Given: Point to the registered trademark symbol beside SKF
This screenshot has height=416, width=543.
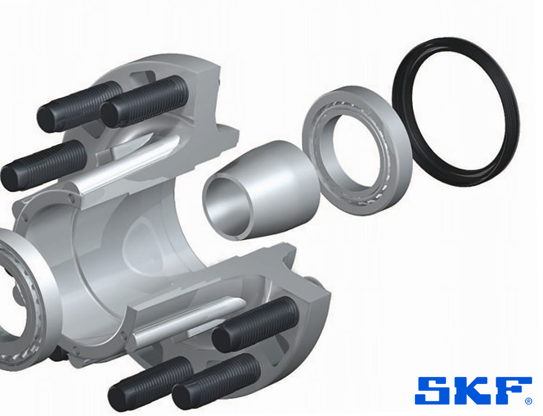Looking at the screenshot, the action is [x=528, y=401].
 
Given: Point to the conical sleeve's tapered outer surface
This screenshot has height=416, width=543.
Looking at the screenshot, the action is [x=284, y=187].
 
